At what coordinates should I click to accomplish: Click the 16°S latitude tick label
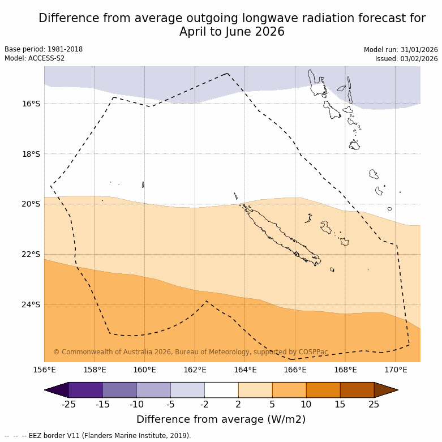31,104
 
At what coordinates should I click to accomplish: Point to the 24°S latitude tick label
31,304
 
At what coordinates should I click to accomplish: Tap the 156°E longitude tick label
44,370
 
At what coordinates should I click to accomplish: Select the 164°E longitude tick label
245,370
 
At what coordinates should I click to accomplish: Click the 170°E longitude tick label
396,370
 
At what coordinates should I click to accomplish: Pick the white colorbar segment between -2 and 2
221,390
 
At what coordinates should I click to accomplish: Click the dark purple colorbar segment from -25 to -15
85,390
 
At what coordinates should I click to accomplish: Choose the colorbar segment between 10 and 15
323,390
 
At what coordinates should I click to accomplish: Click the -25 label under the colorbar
68,404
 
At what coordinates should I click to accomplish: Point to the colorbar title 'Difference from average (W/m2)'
221,419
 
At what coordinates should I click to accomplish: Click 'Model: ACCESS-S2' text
35,58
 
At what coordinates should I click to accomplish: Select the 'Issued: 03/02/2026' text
406,59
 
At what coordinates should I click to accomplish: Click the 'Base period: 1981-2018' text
44,49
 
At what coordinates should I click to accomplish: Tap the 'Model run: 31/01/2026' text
401,50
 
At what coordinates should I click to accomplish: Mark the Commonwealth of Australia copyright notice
191,352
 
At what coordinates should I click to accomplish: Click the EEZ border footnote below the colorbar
98,436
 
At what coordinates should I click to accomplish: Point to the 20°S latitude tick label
31,204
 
